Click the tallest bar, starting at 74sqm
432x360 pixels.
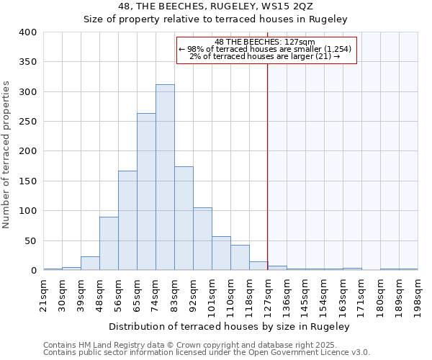[x=165, y=177]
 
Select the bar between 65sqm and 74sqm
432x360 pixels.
[x=146, y=192]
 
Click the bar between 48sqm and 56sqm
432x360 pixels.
[x=109, y=243]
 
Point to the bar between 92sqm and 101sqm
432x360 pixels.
[x=202, y=239]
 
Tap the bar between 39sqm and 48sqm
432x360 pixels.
[x=90, y=264]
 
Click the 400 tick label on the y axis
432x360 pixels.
[x=27, y=32]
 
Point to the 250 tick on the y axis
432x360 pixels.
[x=27, y=122]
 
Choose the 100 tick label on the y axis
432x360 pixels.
[x=27, y=211]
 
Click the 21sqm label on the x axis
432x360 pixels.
[x=43, y=293]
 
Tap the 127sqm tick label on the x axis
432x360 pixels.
[x=268, y=295]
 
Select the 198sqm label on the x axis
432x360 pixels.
[x=418, y=295]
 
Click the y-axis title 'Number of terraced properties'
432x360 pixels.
[x=6, y=155]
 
